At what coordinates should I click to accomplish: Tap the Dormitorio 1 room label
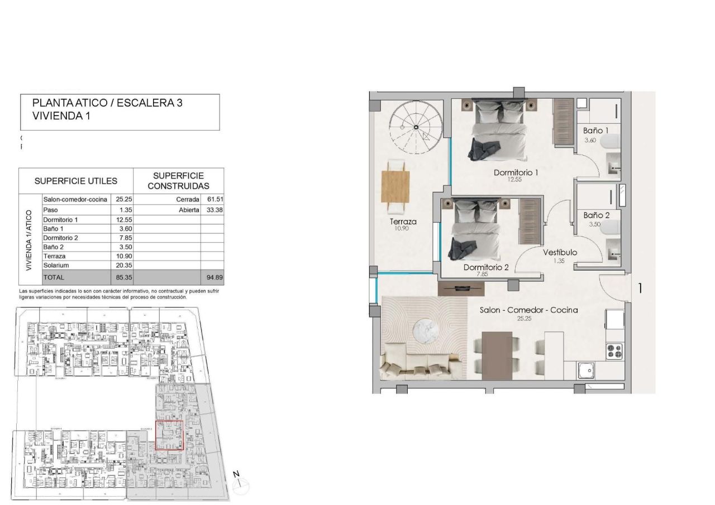[x=515, y=172]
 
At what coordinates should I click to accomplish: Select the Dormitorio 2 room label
[x=485, y=267]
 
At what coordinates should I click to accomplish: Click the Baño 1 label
[x=595, y=131]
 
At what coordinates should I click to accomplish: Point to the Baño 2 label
[x=596, y=215]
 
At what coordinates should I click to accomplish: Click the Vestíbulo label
[x=560, y=252]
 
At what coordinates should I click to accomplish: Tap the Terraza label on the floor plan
[x=403, y=222]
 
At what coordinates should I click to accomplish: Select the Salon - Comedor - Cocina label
[x=528, y=310]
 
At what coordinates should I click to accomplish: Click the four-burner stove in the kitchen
[x=614, y=351]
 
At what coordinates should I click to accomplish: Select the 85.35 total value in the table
[x=122, y=277]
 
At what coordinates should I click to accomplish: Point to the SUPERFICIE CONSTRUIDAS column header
[x=178, y=181]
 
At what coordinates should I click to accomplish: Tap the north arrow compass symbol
[x=241, y=483]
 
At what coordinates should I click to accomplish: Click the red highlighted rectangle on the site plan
[x=169, y=435]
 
